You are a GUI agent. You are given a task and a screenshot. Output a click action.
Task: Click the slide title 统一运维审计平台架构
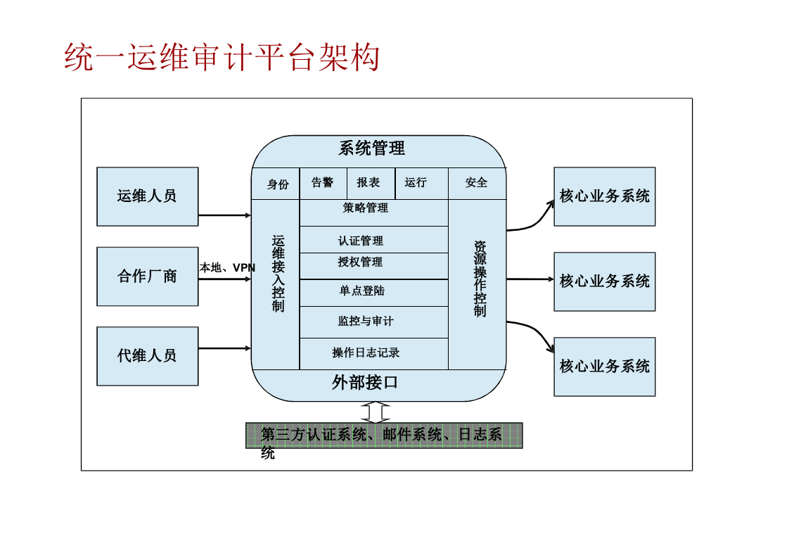pyautogui.click(x=222, y=58)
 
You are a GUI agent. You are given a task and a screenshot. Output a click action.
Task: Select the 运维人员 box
pyautogui.click(x=147, y=196)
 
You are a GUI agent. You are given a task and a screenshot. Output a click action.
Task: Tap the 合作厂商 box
pyautogui.click(x=147, y=277)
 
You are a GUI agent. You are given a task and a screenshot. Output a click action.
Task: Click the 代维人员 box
pyautogui.click(x=147, y=356)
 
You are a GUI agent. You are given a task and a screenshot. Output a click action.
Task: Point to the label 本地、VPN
pyautogui.click(x=227, y=268)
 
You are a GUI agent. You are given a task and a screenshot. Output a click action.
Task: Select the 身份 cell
pyautogui.click(x=277, y=184)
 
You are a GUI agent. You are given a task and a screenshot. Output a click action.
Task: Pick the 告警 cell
pyautogui.click(x=323, y=183)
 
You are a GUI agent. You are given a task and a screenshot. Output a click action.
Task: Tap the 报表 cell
pyautogui.click(x=368, y=183)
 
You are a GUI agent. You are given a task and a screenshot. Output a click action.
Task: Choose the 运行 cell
pyautogui.click(x=416, y=183)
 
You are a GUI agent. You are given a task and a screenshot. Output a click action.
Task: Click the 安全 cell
pyautogui.click(x=476, y=183)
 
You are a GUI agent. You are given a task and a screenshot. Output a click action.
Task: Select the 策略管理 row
pyautogui.click(x=366, y=208)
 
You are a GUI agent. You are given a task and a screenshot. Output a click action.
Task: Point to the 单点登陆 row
pyautogui.click(x=362, y=291)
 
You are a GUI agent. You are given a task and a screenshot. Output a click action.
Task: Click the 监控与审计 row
pyautogui.click(x=366, y=322)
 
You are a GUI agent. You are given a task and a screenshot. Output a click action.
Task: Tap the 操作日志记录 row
pyautogui.click(x=366, y=353)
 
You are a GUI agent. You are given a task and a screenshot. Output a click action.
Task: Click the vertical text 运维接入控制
pyautogui.click(x=278, y=274)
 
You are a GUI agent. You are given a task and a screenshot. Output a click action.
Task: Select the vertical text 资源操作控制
pyautogui.click(x=480, y=279)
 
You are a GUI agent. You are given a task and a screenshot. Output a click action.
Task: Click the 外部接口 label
pyautogui.click(x=366, y=383)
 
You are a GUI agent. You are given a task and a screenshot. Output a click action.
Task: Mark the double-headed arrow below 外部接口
pyautogui.click(x=376, y=412)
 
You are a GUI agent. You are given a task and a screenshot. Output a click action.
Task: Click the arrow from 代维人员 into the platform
pyautogui.click(x=224, y=348)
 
